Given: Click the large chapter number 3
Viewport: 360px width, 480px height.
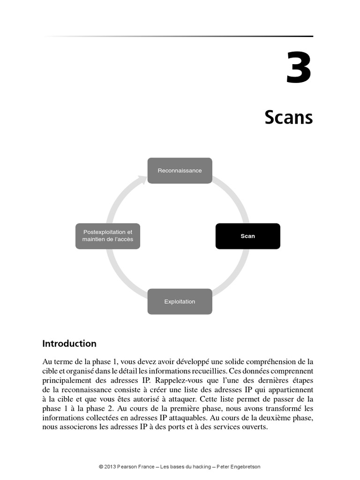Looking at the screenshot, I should tap(299, 69).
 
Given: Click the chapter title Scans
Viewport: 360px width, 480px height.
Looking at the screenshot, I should tap(288, 117).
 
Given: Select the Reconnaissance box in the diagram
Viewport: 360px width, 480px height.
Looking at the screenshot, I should tap(180, 171).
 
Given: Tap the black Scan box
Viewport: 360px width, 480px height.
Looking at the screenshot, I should tap(247, 236).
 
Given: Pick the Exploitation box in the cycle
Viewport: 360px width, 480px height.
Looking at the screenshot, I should tap(180, 301).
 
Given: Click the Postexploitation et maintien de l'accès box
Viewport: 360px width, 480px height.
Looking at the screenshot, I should tap(108, 236).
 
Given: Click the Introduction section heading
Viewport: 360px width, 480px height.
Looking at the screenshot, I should tap(69, 344).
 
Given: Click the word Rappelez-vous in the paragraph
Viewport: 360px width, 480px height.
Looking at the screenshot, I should tap(175, 380).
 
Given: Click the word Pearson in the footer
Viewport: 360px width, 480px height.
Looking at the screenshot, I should tap(129, 467).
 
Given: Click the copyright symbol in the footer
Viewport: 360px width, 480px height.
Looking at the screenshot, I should tap(101, 467).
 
